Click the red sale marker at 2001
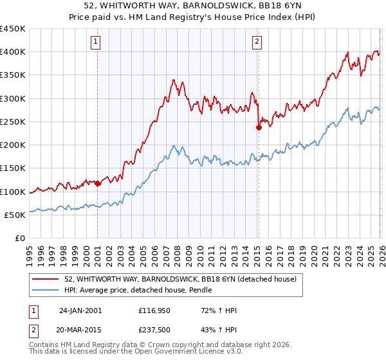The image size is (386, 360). (98, 184)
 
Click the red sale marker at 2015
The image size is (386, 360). (259, 127)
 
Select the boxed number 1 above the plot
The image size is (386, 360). (95, 42)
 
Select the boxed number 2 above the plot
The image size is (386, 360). (257, 42)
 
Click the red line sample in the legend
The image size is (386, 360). (46, 279)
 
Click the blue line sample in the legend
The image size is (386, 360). (46, 291)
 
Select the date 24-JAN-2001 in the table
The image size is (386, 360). (80, 310)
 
